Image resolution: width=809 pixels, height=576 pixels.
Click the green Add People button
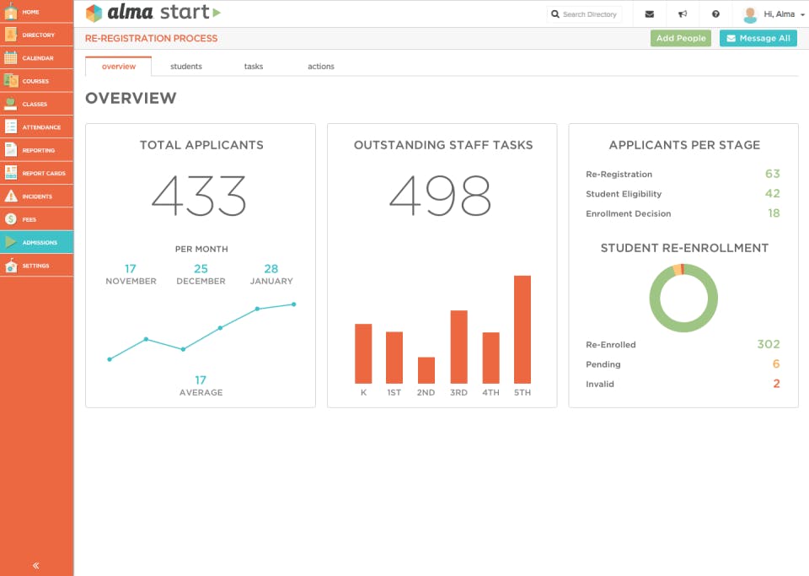click(x=681, y=38)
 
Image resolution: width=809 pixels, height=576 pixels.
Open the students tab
click(x=186, y=67)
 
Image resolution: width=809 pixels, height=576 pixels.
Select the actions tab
click(x=321, y=67)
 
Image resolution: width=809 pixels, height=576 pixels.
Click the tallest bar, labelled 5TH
click(x=522, y=330)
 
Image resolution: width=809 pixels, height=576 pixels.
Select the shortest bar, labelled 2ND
click(x=426, y=370)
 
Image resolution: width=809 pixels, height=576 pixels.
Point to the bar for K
click(x=363, y=353)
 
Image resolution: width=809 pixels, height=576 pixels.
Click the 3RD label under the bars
click(x=458, y=393)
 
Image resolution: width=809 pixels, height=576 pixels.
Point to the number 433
click(x=200, y=196)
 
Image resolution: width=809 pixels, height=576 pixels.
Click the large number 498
click(x=441, y=196)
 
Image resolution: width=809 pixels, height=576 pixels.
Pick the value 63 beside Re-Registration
click(x=772, y=174)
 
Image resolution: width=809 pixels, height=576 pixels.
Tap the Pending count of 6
click(x=776, y=364)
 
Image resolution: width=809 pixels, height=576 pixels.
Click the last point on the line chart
click(x=294, y=304)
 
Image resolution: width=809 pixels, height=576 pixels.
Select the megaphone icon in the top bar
click(x=683, y=14)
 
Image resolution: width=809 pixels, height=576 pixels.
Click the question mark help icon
click(x=715, y=14)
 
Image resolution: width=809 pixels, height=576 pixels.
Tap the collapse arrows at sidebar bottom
click(x=36, y=565)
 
